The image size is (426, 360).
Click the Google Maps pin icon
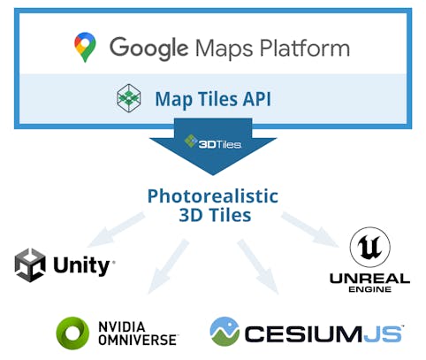(x=85, y=48)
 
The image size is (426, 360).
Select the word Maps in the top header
(x=232, y=48)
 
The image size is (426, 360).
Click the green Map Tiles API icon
(x=129, y=98)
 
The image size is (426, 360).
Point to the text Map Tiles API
(x=212, y=99)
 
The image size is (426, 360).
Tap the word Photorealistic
(x=212, y=195)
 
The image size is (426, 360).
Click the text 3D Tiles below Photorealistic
(x=212, y=215)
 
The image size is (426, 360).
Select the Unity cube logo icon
(x=30, y=264)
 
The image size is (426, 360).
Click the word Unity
(x=82, y=265)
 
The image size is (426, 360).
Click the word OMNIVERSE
(x=138, y=340)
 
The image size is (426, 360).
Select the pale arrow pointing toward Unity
(x=120, y=229)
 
